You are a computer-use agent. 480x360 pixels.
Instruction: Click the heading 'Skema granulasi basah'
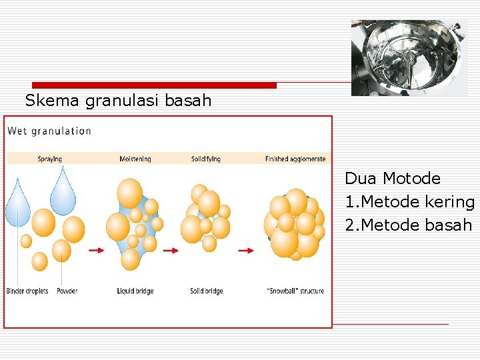coord(118,101)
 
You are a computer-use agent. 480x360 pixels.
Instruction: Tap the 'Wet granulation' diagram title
coord(49,131)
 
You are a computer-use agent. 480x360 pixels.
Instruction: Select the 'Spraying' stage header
coord(49,159)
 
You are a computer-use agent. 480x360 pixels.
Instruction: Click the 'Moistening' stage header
coord(135,159)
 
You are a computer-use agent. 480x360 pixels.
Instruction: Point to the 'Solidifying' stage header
coord(205,159)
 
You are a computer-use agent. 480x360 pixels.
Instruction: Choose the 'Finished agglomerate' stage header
coord(295,159)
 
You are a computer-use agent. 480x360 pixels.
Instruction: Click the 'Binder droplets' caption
coord(27,291)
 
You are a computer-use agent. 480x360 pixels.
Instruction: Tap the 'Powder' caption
coord(67,291)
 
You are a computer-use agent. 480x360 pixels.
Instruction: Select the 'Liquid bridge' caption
coord(135,291)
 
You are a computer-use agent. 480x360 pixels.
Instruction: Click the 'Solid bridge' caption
coord(206,291)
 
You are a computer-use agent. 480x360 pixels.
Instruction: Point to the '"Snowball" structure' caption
coord(295,291)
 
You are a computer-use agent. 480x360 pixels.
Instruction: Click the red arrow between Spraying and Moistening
coord(97,251)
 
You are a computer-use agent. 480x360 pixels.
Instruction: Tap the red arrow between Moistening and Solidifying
coord(171,251)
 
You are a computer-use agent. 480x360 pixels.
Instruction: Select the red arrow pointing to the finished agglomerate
coord(246,251)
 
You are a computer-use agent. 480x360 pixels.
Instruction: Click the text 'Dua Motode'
coord(393,179)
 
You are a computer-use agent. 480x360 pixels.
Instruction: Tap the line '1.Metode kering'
coord(409,202)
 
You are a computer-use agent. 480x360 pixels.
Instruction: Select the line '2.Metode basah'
coord(408,225)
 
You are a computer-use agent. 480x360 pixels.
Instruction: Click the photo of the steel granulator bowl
coord(409,57)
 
